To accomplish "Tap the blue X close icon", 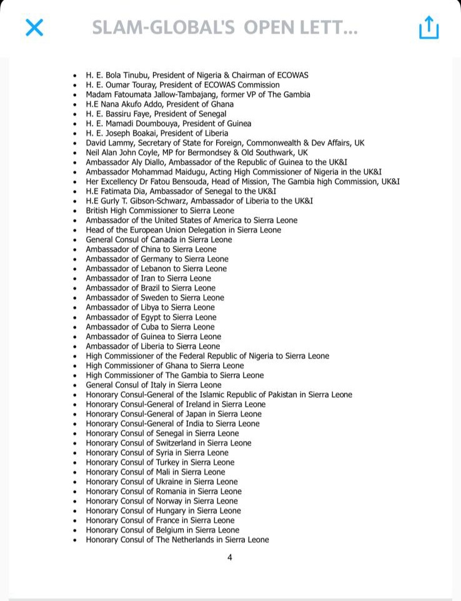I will [x=34, y=27].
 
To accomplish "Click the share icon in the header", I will [x=429, y=27].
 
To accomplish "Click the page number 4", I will [x=230, y=557].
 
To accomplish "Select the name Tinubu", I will [x=139, y=75].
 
